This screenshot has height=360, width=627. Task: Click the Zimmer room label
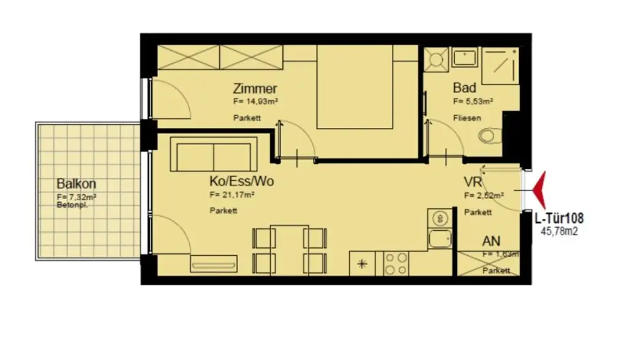(x=255, y=89)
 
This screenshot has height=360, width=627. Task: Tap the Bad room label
(x=464, y=88)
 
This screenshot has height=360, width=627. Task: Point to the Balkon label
(x=77, y=184)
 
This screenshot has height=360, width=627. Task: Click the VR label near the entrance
(x=472, y=182)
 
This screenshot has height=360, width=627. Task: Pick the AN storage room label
(x=491, y=241)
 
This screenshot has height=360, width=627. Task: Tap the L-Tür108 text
(x=558, y=218)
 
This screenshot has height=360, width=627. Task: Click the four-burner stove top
(x=396, y=263)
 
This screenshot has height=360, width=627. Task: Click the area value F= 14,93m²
(x=255, y=102)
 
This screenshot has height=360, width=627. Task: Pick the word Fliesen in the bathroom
(x=467, y=118)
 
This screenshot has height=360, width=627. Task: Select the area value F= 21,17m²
(x=231, y=195)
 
